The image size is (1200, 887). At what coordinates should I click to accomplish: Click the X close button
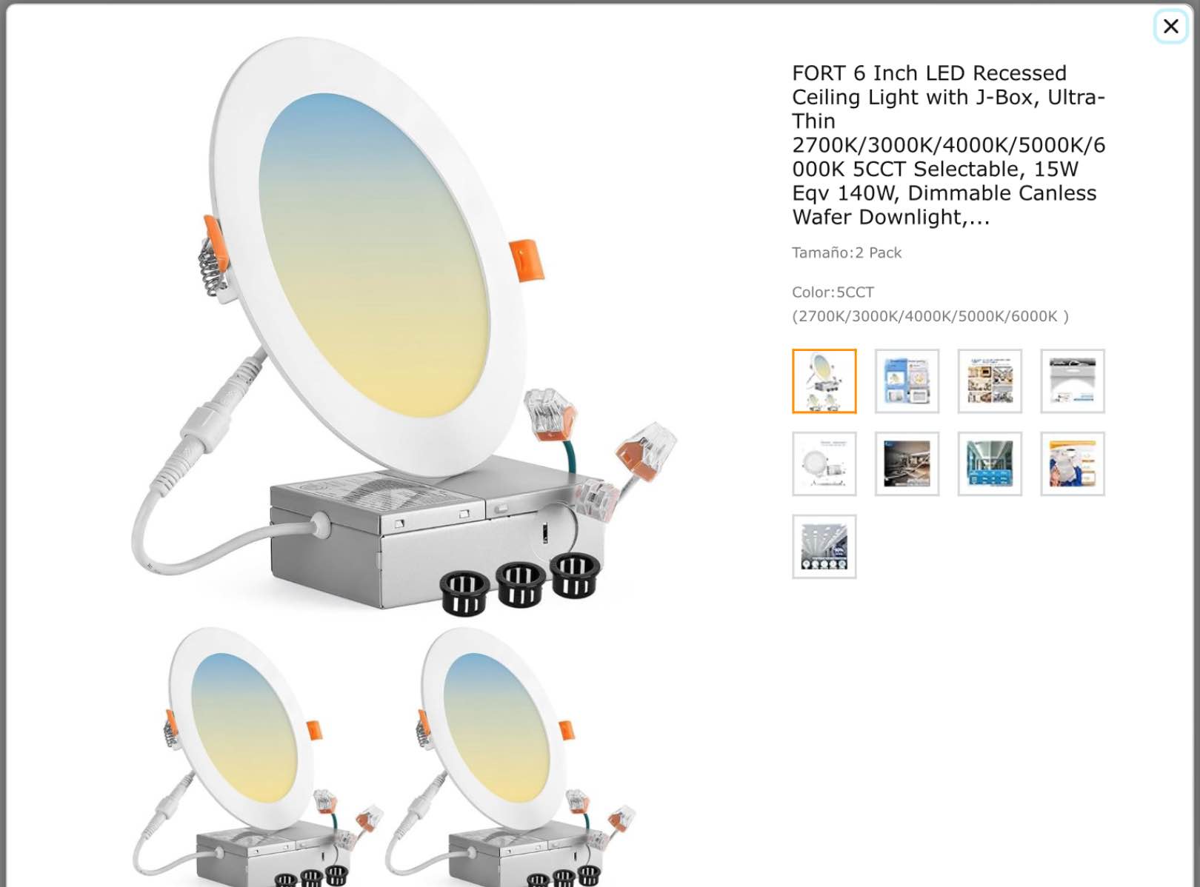pyautogui.click(x=1170, y=27)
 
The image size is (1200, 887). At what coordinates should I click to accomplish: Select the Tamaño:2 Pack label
pyautogui.click(x=846, y=253)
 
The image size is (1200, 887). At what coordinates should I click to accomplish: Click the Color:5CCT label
pyautogui.click(x=833, y=292)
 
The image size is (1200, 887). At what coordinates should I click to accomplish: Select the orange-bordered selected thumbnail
pyautogui.click(x=824, y=381)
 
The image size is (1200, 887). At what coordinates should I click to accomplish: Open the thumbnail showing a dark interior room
pyautogui.click(x=907, y=464)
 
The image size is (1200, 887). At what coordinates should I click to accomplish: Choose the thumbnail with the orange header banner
pyautogui.click(x=1072, y=464)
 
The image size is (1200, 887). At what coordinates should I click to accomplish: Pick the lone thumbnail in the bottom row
pyautogui.click(x=824, y=547)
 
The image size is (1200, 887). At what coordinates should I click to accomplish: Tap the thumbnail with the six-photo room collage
pyautogui.click(x=990, y=381)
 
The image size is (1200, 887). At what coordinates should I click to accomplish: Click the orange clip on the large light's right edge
pyautogui.click(x=527, y=261)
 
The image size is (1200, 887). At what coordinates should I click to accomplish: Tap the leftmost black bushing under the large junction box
pyautogui.click(x=464, y=592)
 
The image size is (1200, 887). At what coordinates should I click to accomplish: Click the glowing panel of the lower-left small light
pyautogui.click(x=244, y=726)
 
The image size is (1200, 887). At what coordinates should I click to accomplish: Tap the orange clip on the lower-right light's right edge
pyautogui.click(x=566, y=729)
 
